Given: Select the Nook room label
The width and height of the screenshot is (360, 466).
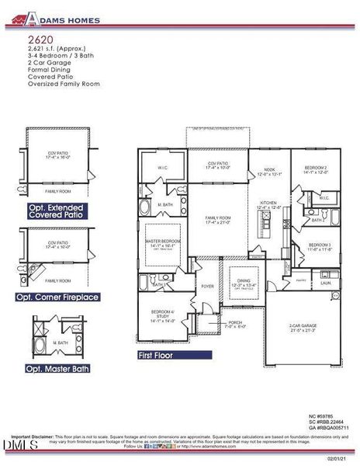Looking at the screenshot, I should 268,172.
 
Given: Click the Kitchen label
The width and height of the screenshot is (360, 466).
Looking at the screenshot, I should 268,203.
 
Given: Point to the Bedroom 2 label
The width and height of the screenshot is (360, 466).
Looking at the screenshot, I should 315,170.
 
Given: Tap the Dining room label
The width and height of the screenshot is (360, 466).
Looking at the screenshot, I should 244,283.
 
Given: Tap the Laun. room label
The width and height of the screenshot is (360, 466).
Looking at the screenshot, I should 326,283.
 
